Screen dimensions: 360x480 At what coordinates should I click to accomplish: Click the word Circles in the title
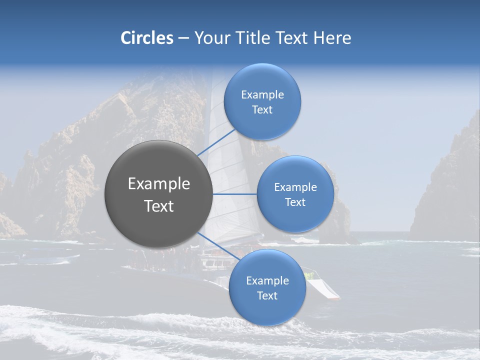[x=146, y=38]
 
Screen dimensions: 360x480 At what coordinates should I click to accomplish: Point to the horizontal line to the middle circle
[x=235, y=194]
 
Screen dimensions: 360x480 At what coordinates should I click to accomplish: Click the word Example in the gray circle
[x=158, y=184]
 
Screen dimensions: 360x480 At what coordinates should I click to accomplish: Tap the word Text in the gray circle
[x=158, y=206]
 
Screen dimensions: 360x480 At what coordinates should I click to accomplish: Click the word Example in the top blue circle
[x=262, y=94]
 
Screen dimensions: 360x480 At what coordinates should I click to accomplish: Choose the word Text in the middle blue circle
[x=295, y=202]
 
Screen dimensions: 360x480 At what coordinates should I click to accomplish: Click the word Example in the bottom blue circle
[x=267, y=280]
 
